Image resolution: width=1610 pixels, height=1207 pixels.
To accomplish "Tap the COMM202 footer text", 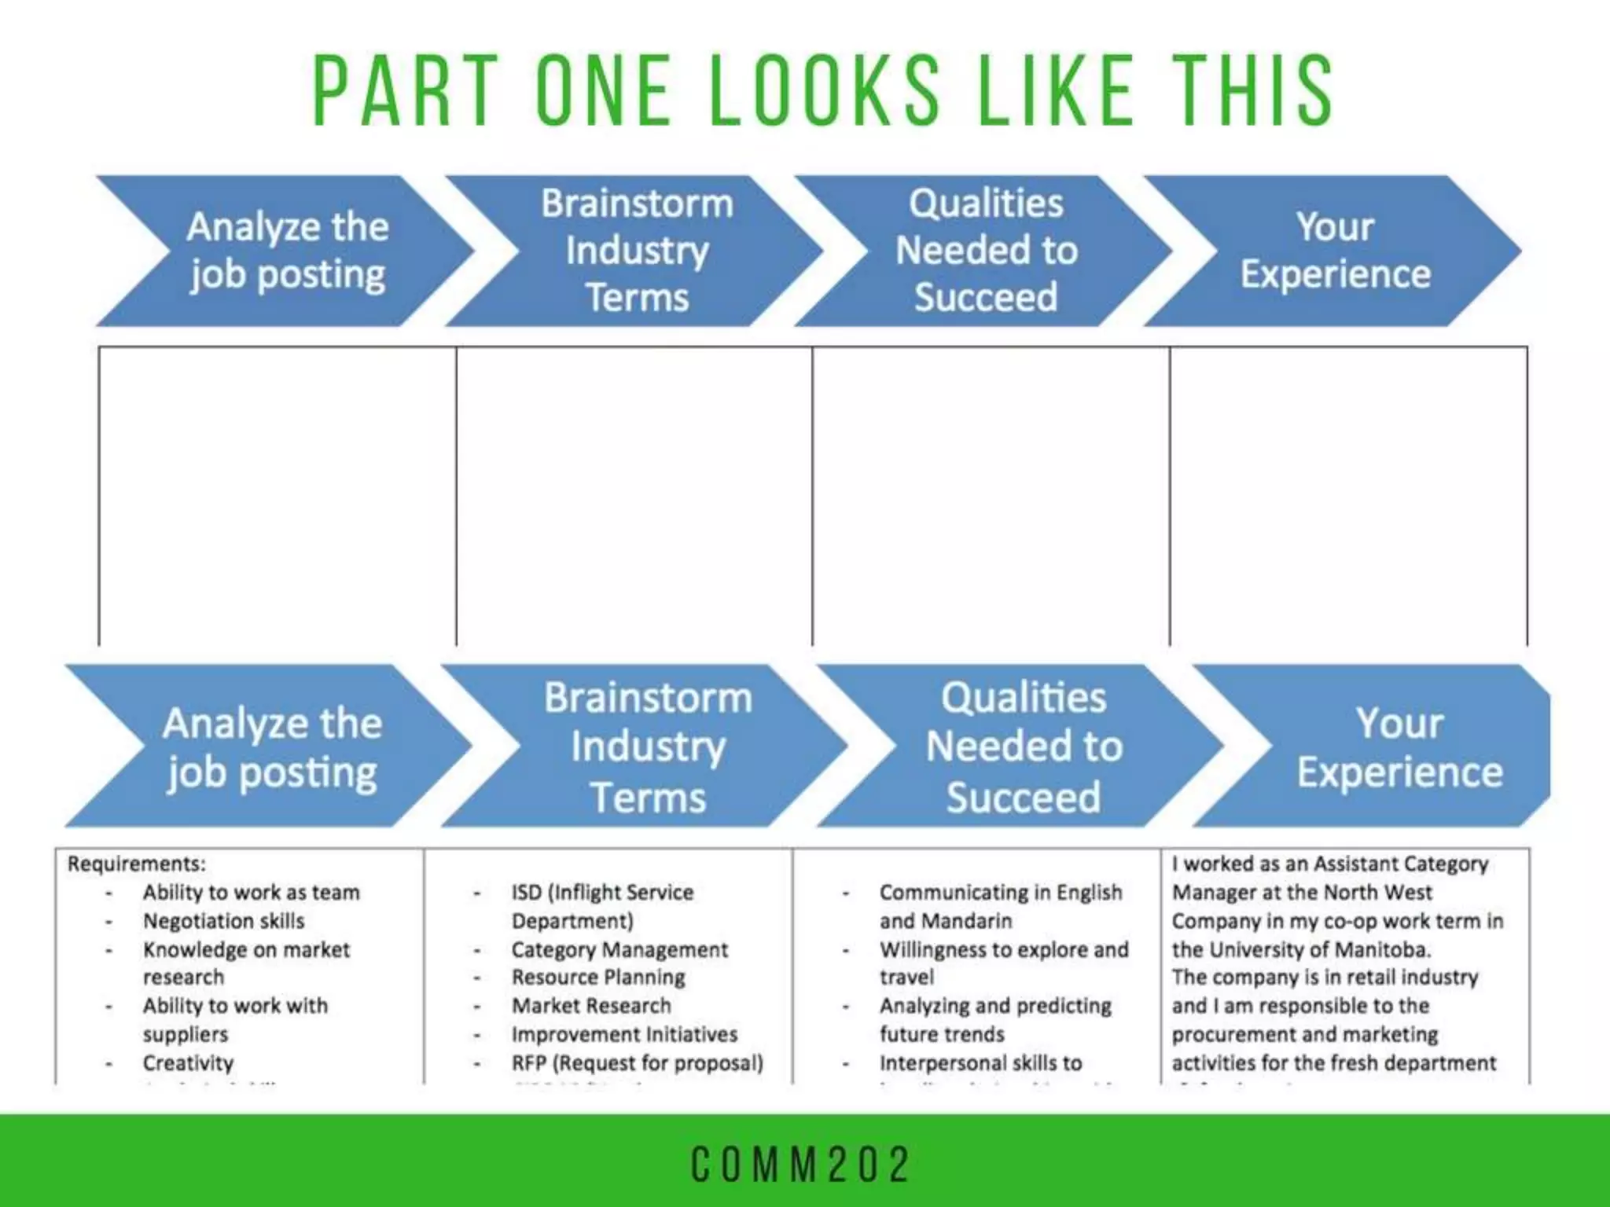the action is click(801, 1165).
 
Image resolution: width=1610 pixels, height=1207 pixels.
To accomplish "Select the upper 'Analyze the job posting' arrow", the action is click(287, 251).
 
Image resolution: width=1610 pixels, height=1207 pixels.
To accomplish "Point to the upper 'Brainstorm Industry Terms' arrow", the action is click(637, 251).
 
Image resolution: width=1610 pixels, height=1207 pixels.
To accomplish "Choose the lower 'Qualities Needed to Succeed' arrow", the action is click(1023, 747).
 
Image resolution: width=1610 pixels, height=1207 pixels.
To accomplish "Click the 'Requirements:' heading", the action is click(137, 864).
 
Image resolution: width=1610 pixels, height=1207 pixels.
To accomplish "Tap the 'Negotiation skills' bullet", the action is click(223, 920).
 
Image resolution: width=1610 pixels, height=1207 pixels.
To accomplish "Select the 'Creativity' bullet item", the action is click(188, 1062).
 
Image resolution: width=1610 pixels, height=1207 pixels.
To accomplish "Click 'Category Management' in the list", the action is click(619, 949).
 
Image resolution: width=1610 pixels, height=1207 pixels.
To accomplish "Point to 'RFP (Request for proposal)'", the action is click(637, 1062).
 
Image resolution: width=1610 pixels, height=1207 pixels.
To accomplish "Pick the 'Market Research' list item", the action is click(591, 1006).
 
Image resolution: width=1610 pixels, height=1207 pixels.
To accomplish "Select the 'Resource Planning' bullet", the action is click(598, 978).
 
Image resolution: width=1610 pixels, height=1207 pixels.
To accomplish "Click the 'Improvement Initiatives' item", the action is click(624, 1034).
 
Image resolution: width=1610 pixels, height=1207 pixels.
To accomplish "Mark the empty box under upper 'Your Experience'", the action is click(1348, 495).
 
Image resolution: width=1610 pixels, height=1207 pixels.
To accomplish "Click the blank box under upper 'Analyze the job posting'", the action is click(278, 495).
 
